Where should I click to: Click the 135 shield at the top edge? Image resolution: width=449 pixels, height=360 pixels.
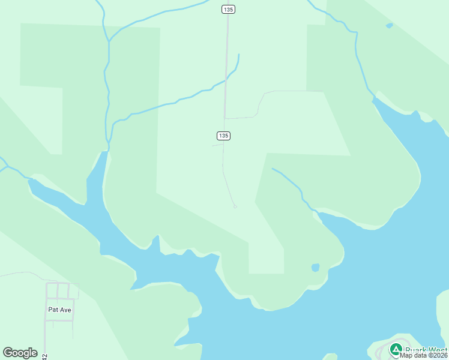pyautogui.click(x=228, y=9)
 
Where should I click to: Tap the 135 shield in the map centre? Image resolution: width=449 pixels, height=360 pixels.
pyautogui.click(x=223, y=136)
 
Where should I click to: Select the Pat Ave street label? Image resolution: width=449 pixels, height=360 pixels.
pyautogui.click(x=59, y=310)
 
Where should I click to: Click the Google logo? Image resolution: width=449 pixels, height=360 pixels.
pyautogui.click(x=20, y=353)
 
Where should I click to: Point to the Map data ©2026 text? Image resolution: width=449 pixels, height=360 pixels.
pyautogui.click(x=423, y=355)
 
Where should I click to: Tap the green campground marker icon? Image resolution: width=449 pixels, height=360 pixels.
pyautogui.click(x=396, y=349)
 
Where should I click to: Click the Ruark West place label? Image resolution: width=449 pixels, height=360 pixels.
pyautogui.click(x=426, y=350)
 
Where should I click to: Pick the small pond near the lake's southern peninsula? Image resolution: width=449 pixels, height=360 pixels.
pyautogui.click(x=315, y=268)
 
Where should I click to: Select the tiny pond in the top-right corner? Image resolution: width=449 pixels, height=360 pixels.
pyautogui.click(x=389, y=26)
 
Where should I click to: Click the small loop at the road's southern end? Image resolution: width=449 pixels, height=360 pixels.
pyautogui.click(x=235, y=206)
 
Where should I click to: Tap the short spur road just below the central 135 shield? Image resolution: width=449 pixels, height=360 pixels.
pyautogui.click(x=217, y=145)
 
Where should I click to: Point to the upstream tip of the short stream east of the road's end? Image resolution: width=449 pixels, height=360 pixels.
pyautogui.click(x=273, y=169)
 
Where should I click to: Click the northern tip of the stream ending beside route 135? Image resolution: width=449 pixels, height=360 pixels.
pyautogui.click(x=238, y=55)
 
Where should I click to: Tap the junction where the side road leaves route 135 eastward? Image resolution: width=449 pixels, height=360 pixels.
pyautogui.click(x=224, y=118)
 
